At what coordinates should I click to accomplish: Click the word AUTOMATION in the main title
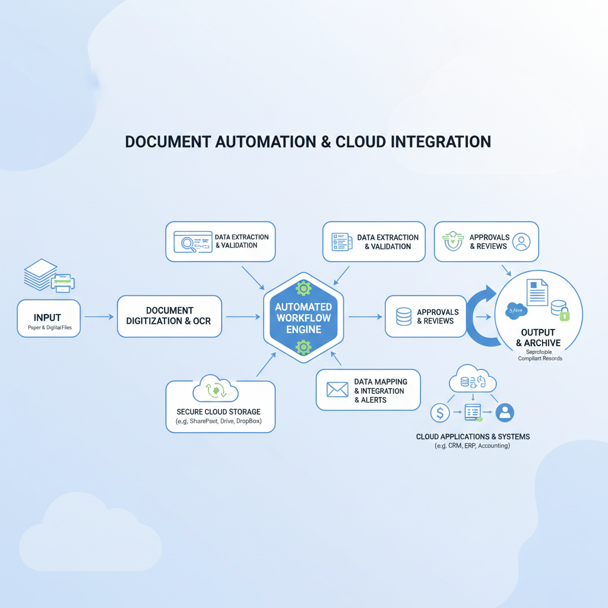click(x=265, y=142)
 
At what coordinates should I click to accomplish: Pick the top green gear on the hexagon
click(x=303, y=289)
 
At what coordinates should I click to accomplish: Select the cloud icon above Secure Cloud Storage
click(x=215, y=389)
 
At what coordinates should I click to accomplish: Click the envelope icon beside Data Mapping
click(x=337, y=389)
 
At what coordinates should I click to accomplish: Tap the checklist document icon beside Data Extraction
click(x=341, y=242)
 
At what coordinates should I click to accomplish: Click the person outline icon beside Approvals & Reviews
click(x=521, y=241)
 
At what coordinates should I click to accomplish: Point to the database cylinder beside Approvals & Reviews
click(x=404, y=316)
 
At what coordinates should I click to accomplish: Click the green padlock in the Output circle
click(x=564, y=314)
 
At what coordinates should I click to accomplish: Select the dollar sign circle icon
click(x=439, y=413)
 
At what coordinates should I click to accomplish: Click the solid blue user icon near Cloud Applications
click(x=505, y=413)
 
